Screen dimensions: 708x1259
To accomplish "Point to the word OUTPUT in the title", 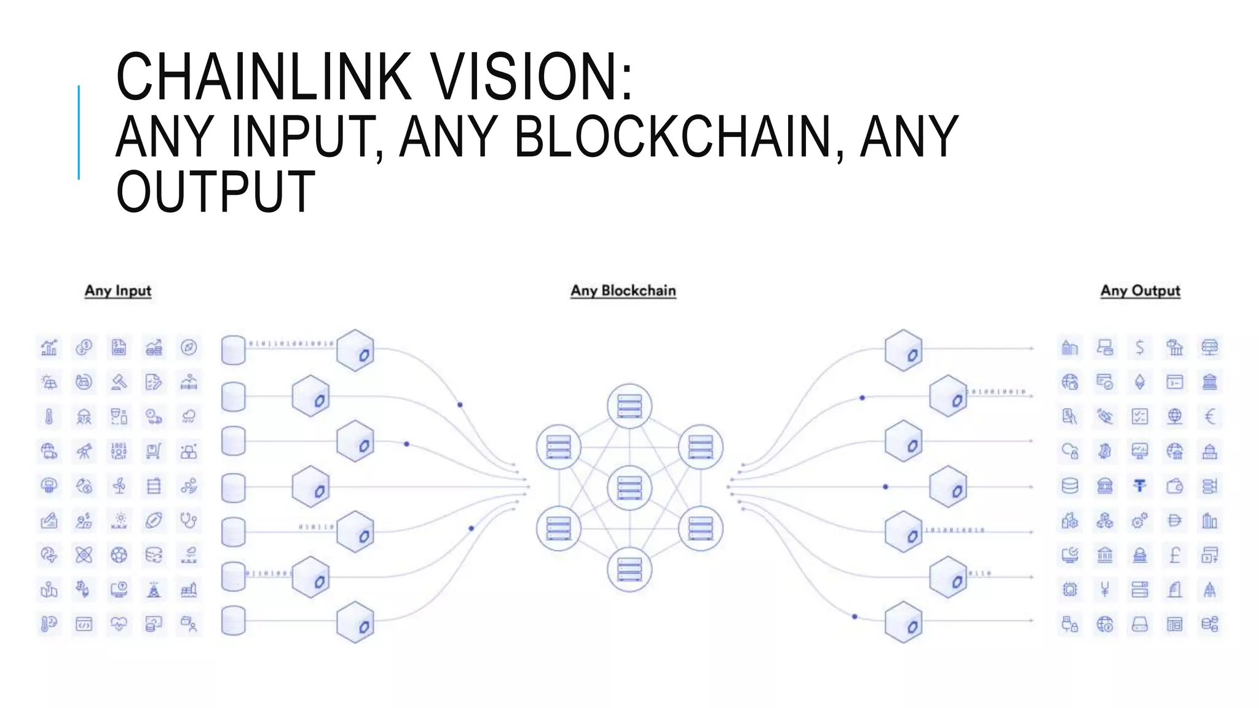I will pyautogui.click(x=216, y=192).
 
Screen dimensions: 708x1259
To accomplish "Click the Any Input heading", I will pyautogui.click(x=118, y=291).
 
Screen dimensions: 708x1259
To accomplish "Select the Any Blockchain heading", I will pyautogui.click(x=623, y=291).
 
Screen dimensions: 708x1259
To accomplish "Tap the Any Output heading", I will pyautogui.click(x=1140, y=291).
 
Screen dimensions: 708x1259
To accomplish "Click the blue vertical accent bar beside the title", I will pyautogui.click(x=79, y=132).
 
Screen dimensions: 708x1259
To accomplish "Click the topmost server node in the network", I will pyautogui.click(x=629, y=406).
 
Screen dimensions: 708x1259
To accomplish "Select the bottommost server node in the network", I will pyautogui.click(x=629, y=570).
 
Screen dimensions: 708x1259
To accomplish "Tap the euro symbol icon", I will pyautogui.click(x=1210, y=417).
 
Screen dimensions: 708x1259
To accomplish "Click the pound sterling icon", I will pyautogui.click(x=1175, y=556).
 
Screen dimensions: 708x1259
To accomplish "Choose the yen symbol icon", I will pyautogui.click(x=1105, y=590).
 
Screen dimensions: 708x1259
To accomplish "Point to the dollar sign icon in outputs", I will pyautogui.click(x=1140, y=348).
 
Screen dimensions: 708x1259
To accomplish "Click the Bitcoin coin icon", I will pyautogui.click(x=1105, y=452).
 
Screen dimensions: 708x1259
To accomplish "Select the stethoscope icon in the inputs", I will pyautogui.click(x=189, y=521).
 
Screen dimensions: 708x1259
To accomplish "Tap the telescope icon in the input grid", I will pyautogui.click(x=84, y=452).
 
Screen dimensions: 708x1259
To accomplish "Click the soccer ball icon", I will pyautogui.click(x=119, y=556).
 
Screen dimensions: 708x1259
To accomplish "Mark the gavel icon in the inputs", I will pyautogui.click(x=119, y=382).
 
